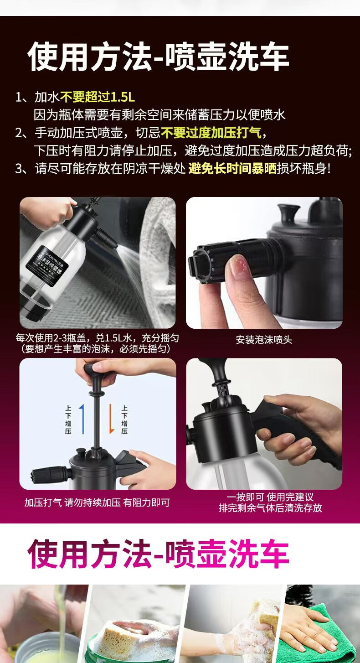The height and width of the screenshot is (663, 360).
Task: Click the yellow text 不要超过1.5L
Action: point(98,97)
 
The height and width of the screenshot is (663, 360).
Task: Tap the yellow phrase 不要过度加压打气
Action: point(211,133)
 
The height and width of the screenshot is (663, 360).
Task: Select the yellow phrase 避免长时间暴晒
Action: point(232,168)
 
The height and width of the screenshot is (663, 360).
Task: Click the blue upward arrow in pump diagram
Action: point(82,419)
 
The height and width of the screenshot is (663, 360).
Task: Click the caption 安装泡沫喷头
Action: point(264,340)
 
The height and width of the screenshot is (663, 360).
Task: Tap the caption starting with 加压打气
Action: point(97,502)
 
